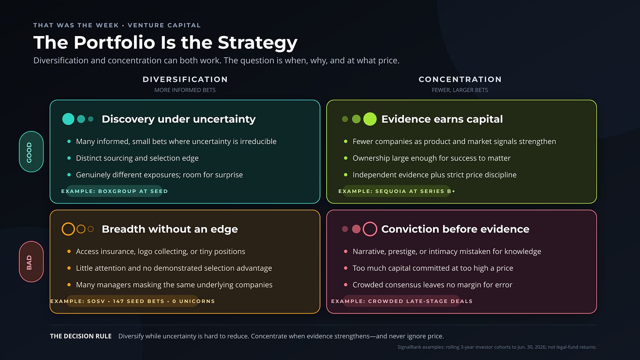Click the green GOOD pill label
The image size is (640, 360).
click(x=31, y=152)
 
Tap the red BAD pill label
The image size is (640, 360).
click(x=31, y=262)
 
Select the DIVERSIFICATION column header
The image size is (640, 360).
click(x=185, y=80)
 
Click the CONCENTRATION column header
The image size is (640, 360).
click(x=460, y=80)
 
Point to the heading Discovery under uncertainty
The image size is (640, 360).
click(x=178, y=119)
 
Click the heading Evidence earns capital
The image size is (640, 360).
click(x=442, y=119)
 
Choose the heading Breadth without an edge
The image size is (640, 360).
click(x=170, y=229)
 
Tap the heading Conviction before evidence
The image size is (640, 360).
click(x=455, y=229)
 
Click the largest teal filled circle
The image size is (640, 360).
click(x=68, y=119)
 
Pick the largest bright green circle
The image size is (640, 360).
click(x=370, y=119)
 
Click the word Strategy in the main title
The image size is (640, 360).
click(x=258, y=43)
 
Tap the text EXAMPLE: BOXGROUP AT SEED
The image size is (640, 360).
click(x=115, y=191)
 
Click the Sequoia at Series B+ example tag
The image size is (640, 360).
click(x=397, y=191)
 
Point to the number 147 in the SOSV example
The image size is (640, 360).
click(x=118, y=301)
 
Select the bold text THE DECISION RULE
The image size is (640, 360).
click(x=81, y=336)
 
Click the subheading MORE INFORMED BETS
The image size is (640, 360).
click(x=185, y=90)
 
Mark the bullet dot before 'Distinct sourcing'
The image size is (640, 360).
click(x=69, y=158)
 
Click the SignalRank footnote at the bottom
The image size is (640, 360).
click(x=497, y=347)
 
